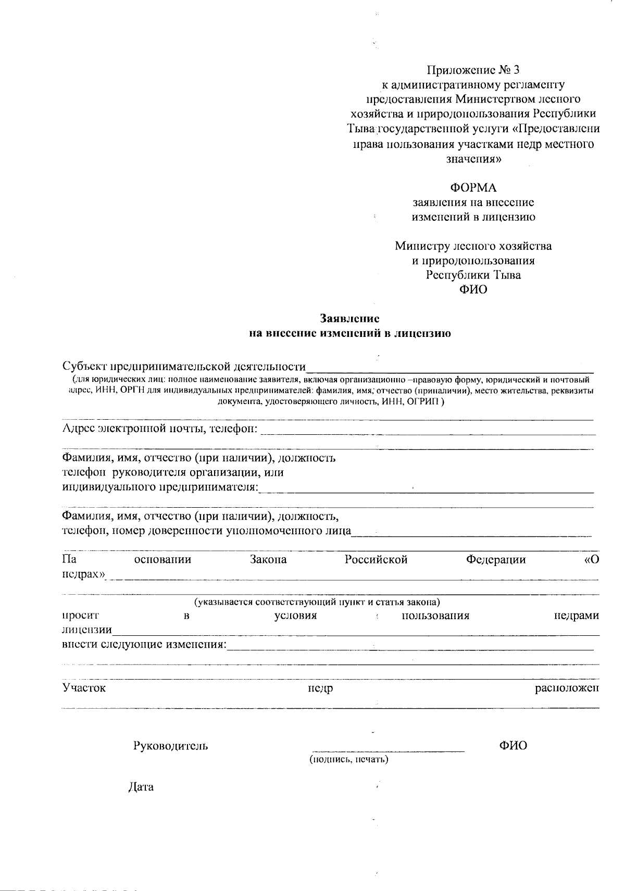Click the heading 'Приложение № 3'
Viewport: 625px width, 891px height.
(x=473, y=70)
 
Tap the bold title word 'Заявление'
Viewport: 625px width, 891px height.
(x=349, y=318)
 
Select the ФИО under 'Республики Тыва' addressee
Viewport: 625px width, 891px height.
(x=473, y=290)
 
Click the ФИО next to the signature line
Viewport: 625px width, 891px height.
(x=512, y=746)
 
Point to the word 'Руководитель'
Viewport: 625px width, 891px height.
(x=171, y=746)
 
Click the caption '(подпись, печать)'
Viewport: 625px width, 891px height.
(x=349, y=759)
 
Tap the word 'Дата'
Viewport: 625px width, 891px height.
(x=141, y=787)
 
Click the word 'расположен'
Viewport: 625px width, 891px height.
(x=567, y=688)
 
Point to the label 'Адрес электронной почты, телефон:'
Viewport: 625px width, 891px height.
(x=159, y=429)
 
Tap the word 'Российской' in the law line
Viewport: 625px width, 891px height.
(x=376, y=560)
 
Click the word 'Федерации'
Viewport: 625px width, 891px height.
(x=495, y=560)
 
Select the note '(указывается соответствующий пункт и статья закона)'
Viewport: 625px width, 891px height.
(x=317, y=603)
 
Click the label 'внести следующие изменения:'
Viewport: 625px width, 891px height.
(x=144, y=645)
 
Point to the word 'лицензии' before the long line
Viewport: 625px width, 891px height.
(x=86, y=630)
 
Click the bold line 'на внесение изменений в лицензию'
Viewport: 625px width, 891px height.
(x=349, y=334)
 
